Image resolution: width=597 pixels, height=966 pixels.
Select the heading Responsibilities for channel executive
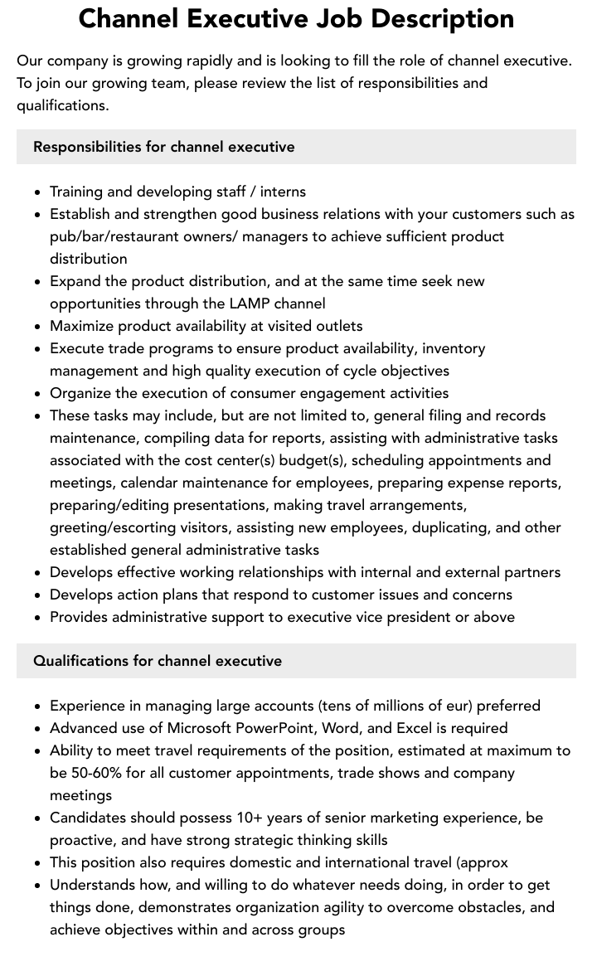click(164, 147)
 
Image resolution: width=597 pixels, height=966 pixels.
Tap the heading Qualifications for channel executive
click(158, 661)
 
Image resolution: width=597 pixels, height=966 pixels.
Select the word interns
click(283, 192)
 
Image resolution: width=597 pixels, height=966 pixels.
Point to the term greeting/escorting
click(114, 527)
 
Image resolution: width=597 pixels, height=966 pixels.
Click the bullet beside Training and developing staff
click(38, 192)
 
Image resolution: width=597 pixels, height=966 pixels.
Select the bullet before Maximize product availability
click(38, 327)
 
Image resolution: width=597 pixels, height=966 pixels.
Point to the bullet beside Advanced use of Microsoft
click(38, 729)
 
